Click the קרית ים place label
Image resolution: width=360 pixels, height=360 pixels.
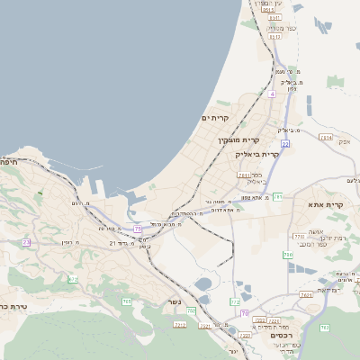215,118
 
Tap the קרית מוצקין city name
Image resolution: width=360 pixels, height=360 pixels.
238,140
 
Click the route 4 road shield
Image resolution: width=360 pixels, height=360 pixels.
271,94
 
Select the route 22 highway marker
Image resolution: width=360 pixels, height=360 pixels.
284,143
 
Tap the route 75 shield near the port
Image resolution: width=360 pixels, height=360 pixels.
138,229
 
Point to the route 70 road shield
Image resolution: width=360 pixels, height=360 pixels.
244,312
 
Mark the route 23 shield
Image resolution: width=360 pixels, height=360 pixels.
26,242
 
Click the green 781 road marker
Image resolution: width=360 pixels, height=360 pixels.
278,196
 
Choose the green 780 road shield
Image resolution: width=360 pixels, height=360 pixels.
288,256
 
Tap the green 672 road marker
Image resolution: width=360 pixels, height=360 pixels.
73,279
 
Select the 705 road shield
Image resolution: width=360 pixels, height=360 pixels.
127,301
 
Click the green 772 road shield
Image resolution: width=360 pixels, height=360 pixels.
298,236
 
